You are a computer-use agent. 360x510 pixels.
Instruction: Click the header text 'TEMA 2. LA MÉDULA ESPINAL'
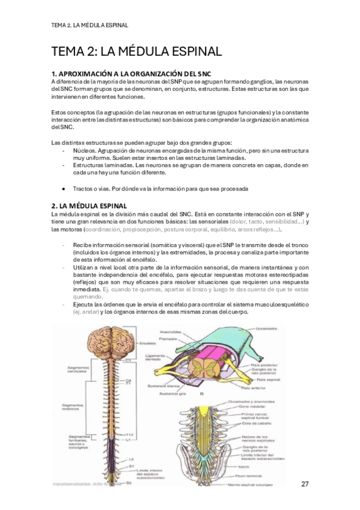tap(90, 25)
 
